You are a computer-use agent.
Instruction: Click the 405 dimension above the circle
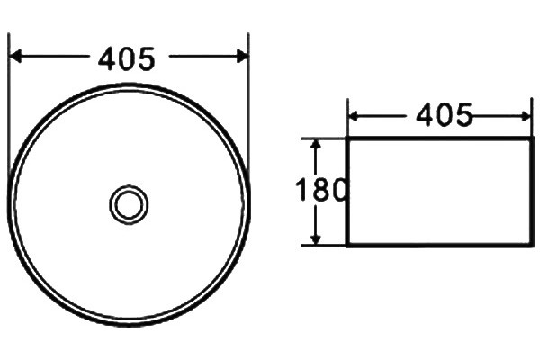[127, 59]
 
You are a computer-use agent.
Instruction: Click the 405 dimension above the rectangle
[444, 115]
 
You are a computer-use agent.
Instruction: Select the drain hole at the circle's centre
[129, 204]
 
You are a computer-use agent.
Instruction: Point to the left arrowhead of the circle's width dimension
[15, 56]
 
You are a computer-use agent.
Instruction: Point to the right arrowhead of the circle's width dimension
[242, 56]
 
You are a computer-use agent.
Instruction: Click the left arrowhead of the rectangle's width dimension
[355, 117]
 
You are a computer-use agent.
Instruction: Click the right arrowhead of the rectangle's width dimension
[526, 117]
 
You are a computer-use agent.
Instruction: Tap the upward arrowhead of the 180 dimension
[316, 144]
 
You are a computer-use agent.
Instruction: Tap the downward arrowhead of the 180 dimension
[316, 238]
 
